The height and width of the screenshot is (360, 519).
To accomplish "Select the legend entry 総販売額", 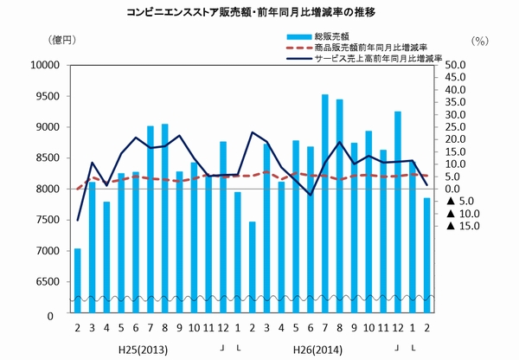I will click(322, 36).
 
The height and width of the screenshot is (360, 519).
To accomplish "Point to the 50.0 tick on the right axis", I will click(456, 65).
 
